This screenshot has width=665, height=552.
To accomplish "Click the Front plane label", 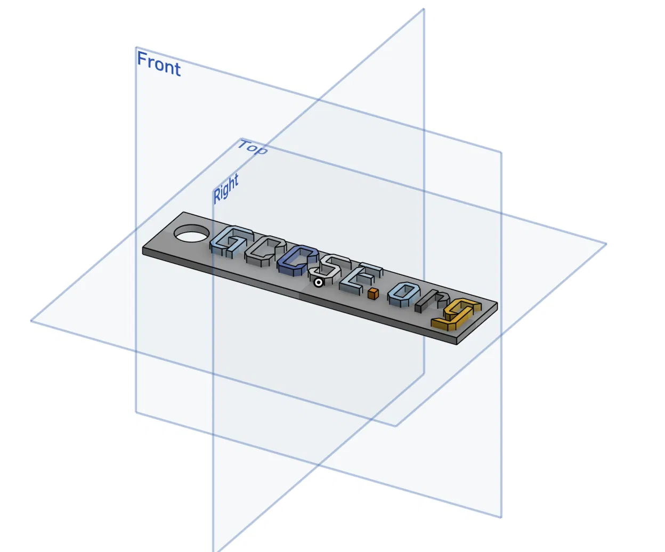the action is (159, 64).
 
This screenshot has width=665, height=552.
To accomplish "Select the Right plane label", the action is (226, 189).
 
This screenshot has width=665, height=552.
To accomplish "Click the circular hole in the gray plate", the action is (191, 233).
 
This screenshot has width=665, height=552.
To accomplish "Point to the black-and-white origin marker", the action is (318, 282).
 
